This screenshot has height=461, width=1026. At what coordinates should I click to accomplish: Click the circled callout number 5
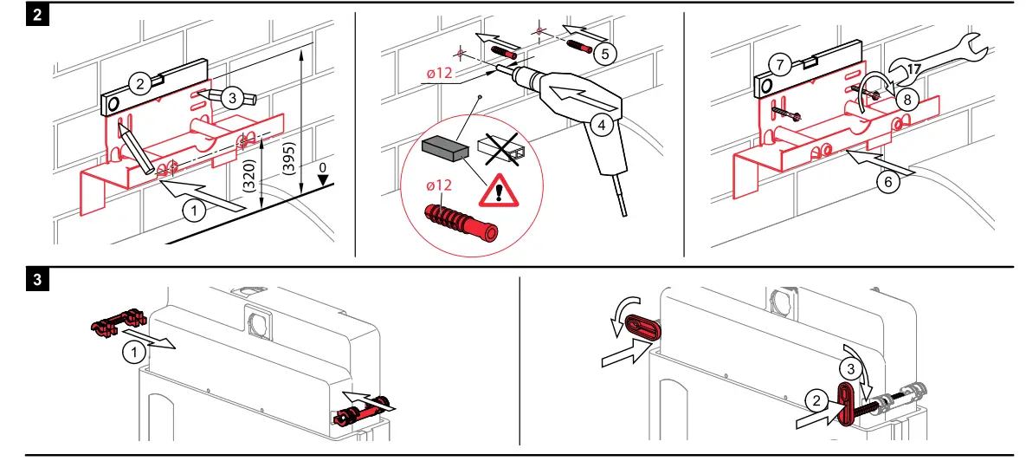604,53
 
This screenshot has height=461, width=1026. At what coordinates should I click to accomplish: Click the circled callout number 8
906,98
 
